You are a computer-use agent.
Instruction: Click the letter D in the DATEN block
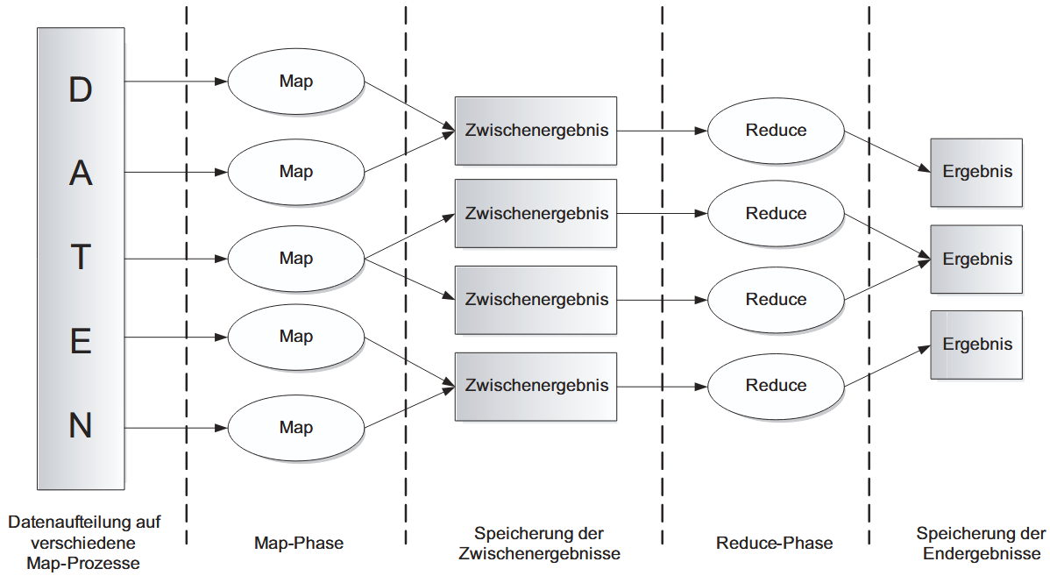tap(81, 89)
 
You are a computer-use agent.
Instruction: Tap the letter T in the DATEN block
tap(81, 259)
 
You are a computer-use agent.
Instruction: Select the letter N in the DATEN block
tap(81, 426)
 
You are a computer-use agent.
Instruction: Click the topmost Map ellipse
tap(296, 82)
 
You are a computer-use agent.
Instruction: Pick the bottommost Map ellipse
tap(296, 428)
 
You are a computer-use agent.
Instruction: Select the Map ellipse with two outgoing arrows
tap(296, 259)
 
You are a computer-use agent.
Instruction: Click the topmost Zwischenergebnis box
tap(536, 131)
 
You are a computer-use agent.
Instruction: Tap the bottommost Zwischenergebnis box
tap(536, 386)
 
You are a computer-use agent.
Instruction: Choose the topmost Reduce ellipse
tap(776, 131)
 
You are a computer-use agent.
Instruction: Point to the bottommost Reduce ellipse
tap(776, 386)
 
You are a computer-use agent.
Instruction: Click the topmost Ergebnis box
tap(976, 173)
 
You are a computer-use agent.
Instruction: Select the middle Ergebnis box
tap(976, 260)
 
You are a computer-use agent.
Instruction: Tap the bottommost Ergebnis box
tap(976, 345)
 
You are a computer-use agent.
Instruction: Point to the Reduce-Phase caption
tap(774, 544)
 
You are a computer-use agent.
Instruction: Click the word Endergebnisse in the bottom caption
tap(981, 553)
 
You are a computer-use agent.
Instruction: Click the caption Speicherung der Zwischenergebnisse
tap(539, 544)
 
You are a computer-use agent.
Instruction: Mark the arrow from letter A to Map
tap(175, 172)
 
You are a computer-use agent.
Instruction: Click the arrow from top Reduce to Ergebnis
tap(885, 153)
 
